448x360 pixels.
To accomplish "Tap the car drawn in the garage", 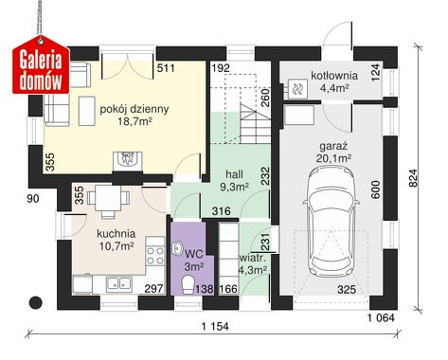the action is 331,222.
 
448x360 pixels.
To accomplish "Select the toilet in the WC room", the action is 188,285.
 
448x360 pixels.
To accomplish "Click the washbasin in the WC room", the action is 177,248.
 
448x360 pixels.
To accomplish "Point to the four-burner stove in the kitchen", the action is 155,256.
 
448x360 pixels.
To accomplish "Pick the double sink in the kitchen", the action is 119,283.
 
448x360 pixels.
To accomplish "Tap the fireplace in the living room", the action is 128,162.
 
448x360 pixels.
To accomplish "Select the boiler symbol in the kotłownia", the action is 297,88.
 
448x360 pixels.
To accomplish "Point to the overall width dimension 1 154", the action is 215,327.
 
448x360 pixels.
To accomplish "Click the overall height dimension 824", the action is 413,178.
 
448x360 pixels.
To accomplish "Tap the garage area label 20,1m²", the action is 333,159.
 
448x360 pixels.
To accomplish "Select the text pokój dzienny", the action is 134,109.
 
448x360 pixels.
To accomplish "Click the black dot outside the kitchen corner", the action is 36,302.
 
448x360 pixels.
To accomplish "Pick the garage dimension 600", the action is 375,189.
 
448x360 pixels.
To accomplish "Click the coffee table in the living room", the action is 87,111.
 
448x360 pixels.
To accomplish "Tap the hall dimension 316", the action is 221,211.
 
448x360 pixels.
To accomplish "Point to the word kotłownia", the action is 334,76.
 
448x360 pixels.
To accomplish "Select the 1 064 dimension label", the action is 381,317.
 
